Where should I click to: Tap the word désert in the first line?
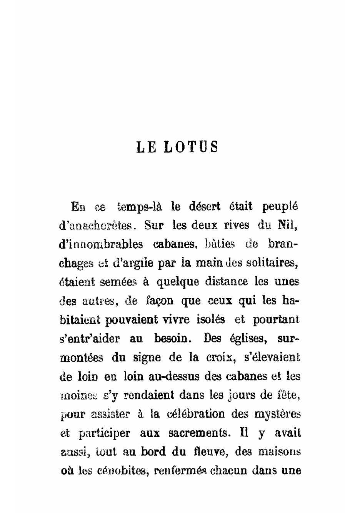(x=205, y=207)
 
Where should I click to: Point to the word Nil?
(x=288, y=226)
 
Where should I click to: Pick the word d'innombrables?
(x=101, y=244)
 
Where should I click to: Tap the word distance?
(x=226, y=282)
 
